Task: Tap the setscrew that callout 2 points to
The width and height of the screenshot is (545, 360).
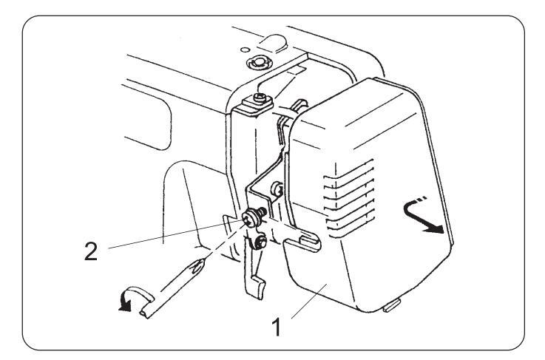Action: (x=251, y=219)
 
